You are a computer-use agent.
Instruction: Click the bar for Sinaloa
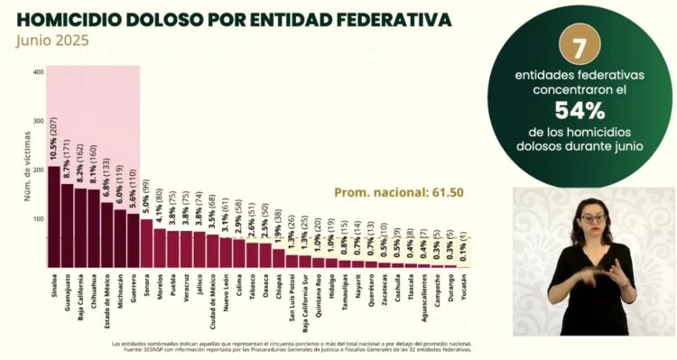(x=54, y=217)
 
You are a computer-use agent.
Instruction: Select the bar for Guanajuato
(x=68, y=226)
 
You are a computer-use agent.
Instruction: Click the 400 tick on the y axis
(x=38, y=72)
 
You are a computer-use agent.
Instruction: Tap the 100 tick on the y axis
(x=38, y=219)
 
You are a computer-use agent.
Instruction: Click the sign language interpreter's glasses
(x=591, y=217)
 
